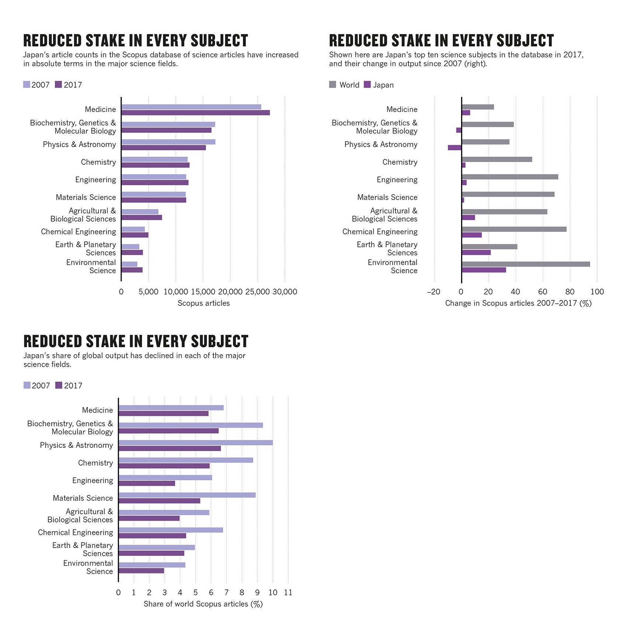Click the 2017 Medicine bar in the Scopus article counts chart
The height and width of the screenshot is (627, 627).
(x=195, y=113)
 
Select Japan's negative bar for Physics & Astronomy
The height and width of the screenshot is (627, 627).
(x=454, y=148)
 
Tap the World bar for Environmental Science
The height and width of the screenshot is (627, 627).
(x=526, y=264)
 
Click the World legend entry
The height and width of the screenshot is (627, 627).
(x=344, y=85)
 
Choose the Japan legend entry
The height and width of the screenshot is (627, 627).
(x=379, y=85)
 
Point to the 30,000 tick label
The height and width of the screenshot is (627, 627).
(x=285, y=292)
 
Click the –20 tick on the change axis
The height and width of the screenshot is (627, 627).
(x=433, y=292)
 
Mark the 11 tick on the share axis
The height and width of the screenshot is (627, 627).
(x=288, y=593)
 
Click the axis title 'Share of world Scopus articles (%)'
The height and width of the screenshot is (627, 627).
(x=203, y=604)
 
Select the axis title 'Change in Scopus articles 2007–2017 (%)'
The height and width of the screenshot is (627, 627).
(x=518, y=303)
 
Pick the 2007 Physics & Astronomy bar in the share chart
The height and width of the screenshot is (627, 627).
(x=195, y=443)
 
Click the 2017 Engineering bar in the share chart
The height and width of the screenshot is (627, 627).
(x=147, y=483)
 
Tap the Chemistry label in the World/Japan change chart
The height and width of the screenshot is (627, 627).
(x=400, y=162)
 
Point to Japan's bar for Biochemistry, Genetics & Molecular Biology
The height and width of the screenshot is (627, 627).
(x=459, y=130)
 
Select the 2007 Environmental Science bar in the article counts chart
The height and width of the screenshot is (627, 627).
(x=129, y=264)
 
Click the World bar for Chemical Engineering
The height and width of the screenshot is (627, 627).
(x=514, y=229)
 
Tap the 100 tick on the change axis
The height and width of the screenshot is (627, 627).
(x=597, y=292)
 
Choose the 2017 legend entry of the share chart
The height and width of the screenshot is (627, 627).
(x=69, y=386)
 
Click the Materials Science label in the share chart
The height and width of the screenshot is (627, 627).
(x=83, y=498)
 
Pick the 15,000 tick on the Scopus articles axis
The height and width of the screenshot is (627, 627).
(x=203, y=292)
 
